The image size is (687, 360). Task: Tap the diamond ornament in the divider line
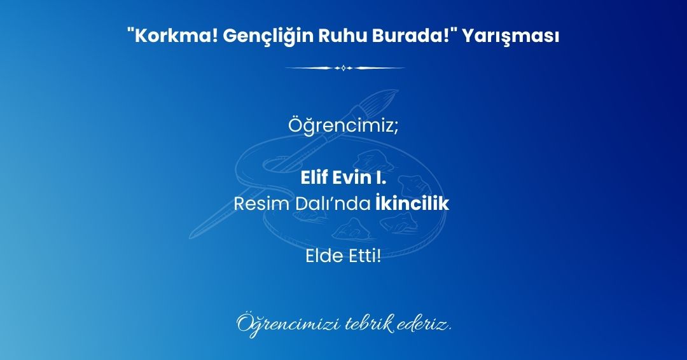[344, 68]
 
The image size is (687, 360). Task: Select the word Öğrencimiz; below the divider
[343, 126]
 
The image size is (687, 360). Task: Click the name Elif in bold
[314, 178]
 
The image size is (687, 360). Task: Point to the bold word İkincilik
[412, 203]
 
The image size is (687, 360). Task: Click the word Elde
[324, 256]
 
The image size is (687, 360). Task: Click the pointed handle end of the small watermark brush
[191, 237]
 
